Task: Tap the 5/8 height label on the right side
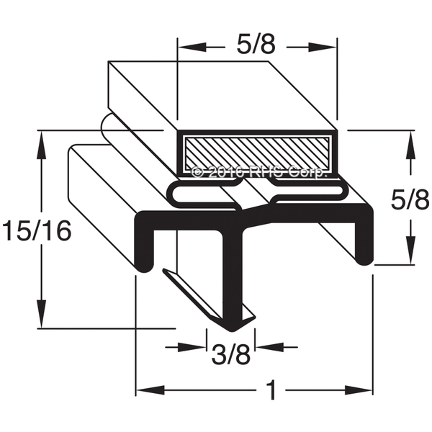[x=410, y=199]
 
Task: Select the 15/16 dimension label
[x=37, y=230]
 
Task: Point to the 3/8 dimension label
[x=231, y=356]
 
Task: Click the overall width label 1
[x=272, y=390]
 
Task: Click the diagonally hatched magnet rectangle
[x=257, y=153]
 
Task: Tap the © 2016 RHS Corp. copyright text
[x=259, y=173]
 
